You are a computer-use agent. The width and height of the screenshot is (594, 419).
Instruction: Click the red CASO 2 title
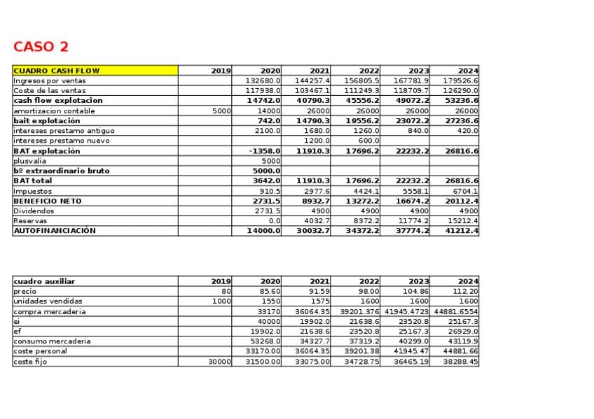click(41, 47)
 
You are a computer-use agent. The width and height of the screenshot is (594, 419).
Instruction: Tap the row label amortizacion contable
click(54, 111)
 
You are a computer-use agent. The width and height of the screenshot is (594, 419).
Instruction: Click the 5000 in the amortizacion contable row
click(221, 111)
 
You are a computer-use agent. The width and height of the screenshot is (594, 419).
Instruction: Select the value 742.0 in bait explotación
click(266, 120)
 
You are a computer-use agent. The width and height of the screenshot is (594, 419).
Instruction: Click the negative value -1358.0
click(264, 150)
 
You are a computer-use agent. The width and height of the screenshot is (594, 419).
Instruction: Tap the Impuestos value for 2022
click(366, 191)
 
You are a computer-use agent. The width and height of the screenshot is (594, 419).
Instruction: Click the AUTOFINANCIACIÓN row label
click(55, 231)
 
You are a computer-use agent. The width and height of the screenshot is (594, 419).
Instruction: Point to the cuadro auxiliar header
click(44, 281)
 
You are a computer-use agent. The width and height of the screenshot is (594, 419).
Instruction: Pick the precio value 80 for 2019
click(226, 291)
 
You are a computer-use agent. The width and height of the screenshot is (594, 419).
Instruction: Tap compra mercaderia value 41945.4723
click(405, 311)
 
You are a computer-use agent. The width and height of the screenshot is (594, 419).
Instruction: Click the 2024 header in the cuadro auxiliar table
click(468, 281)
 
